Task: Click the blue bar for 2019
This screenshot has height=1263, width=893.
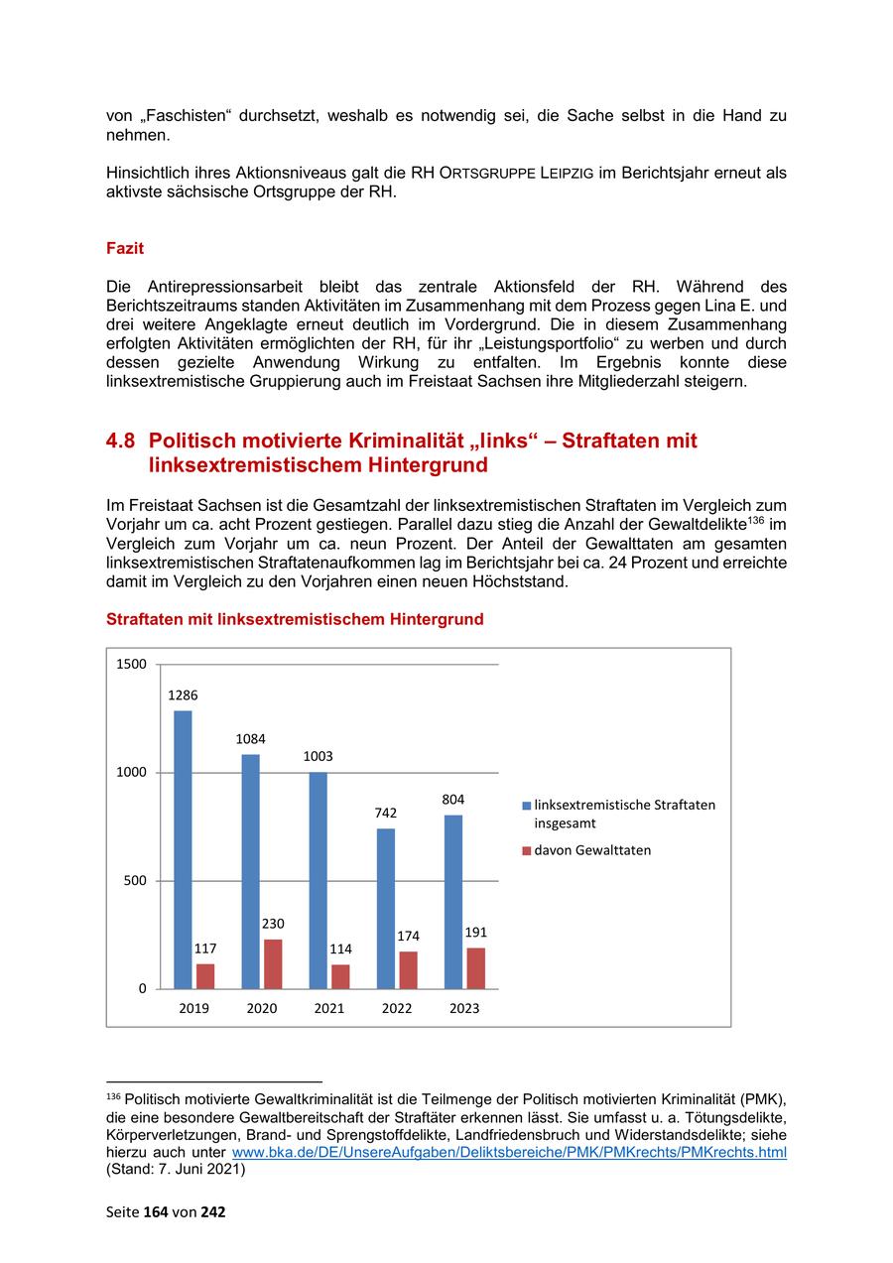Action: (x=183, y=849)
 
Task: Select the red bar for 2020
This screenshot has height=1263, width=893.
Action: (x=273, y=963)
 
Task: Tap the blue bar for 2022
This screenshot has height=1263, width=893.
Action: (x=386, y=908)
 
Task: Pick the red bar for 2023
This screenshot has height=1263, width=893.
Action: (x=475, y=967)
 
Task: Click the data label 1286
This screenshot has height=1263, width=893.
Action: (x=183, y=695)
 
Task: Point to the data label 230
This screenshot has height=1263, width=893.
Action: (x=273, y=924)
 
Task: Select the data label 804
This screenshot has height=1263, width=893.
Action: (x=453, y=800)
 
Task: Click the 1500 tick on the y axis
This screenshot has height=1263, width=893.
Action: (x=130, y=664)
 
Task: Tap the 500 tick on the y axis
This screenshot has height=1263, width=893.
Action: (x=134, y=881)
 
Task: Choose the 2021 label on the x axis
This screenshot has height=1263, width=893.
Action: (x=329, y=1008)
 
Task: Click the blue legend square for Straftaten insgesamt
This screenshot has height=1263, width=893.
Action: (x=526, y=806)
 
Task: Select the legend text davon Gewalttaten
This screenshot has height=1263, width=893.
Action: (x=592, y=850)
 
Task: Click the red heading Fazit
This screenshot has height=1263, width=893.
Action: (x=125, y=249)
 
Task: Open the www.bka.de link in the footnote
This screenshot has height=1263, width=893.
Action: (x=508, y=1153)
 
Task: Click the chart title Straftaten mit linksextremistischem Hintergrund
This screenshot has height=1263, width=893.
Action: (x=295, y=619)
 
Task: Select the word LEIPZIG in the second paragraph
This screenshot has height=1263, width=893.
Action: (x=568, y=174)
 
